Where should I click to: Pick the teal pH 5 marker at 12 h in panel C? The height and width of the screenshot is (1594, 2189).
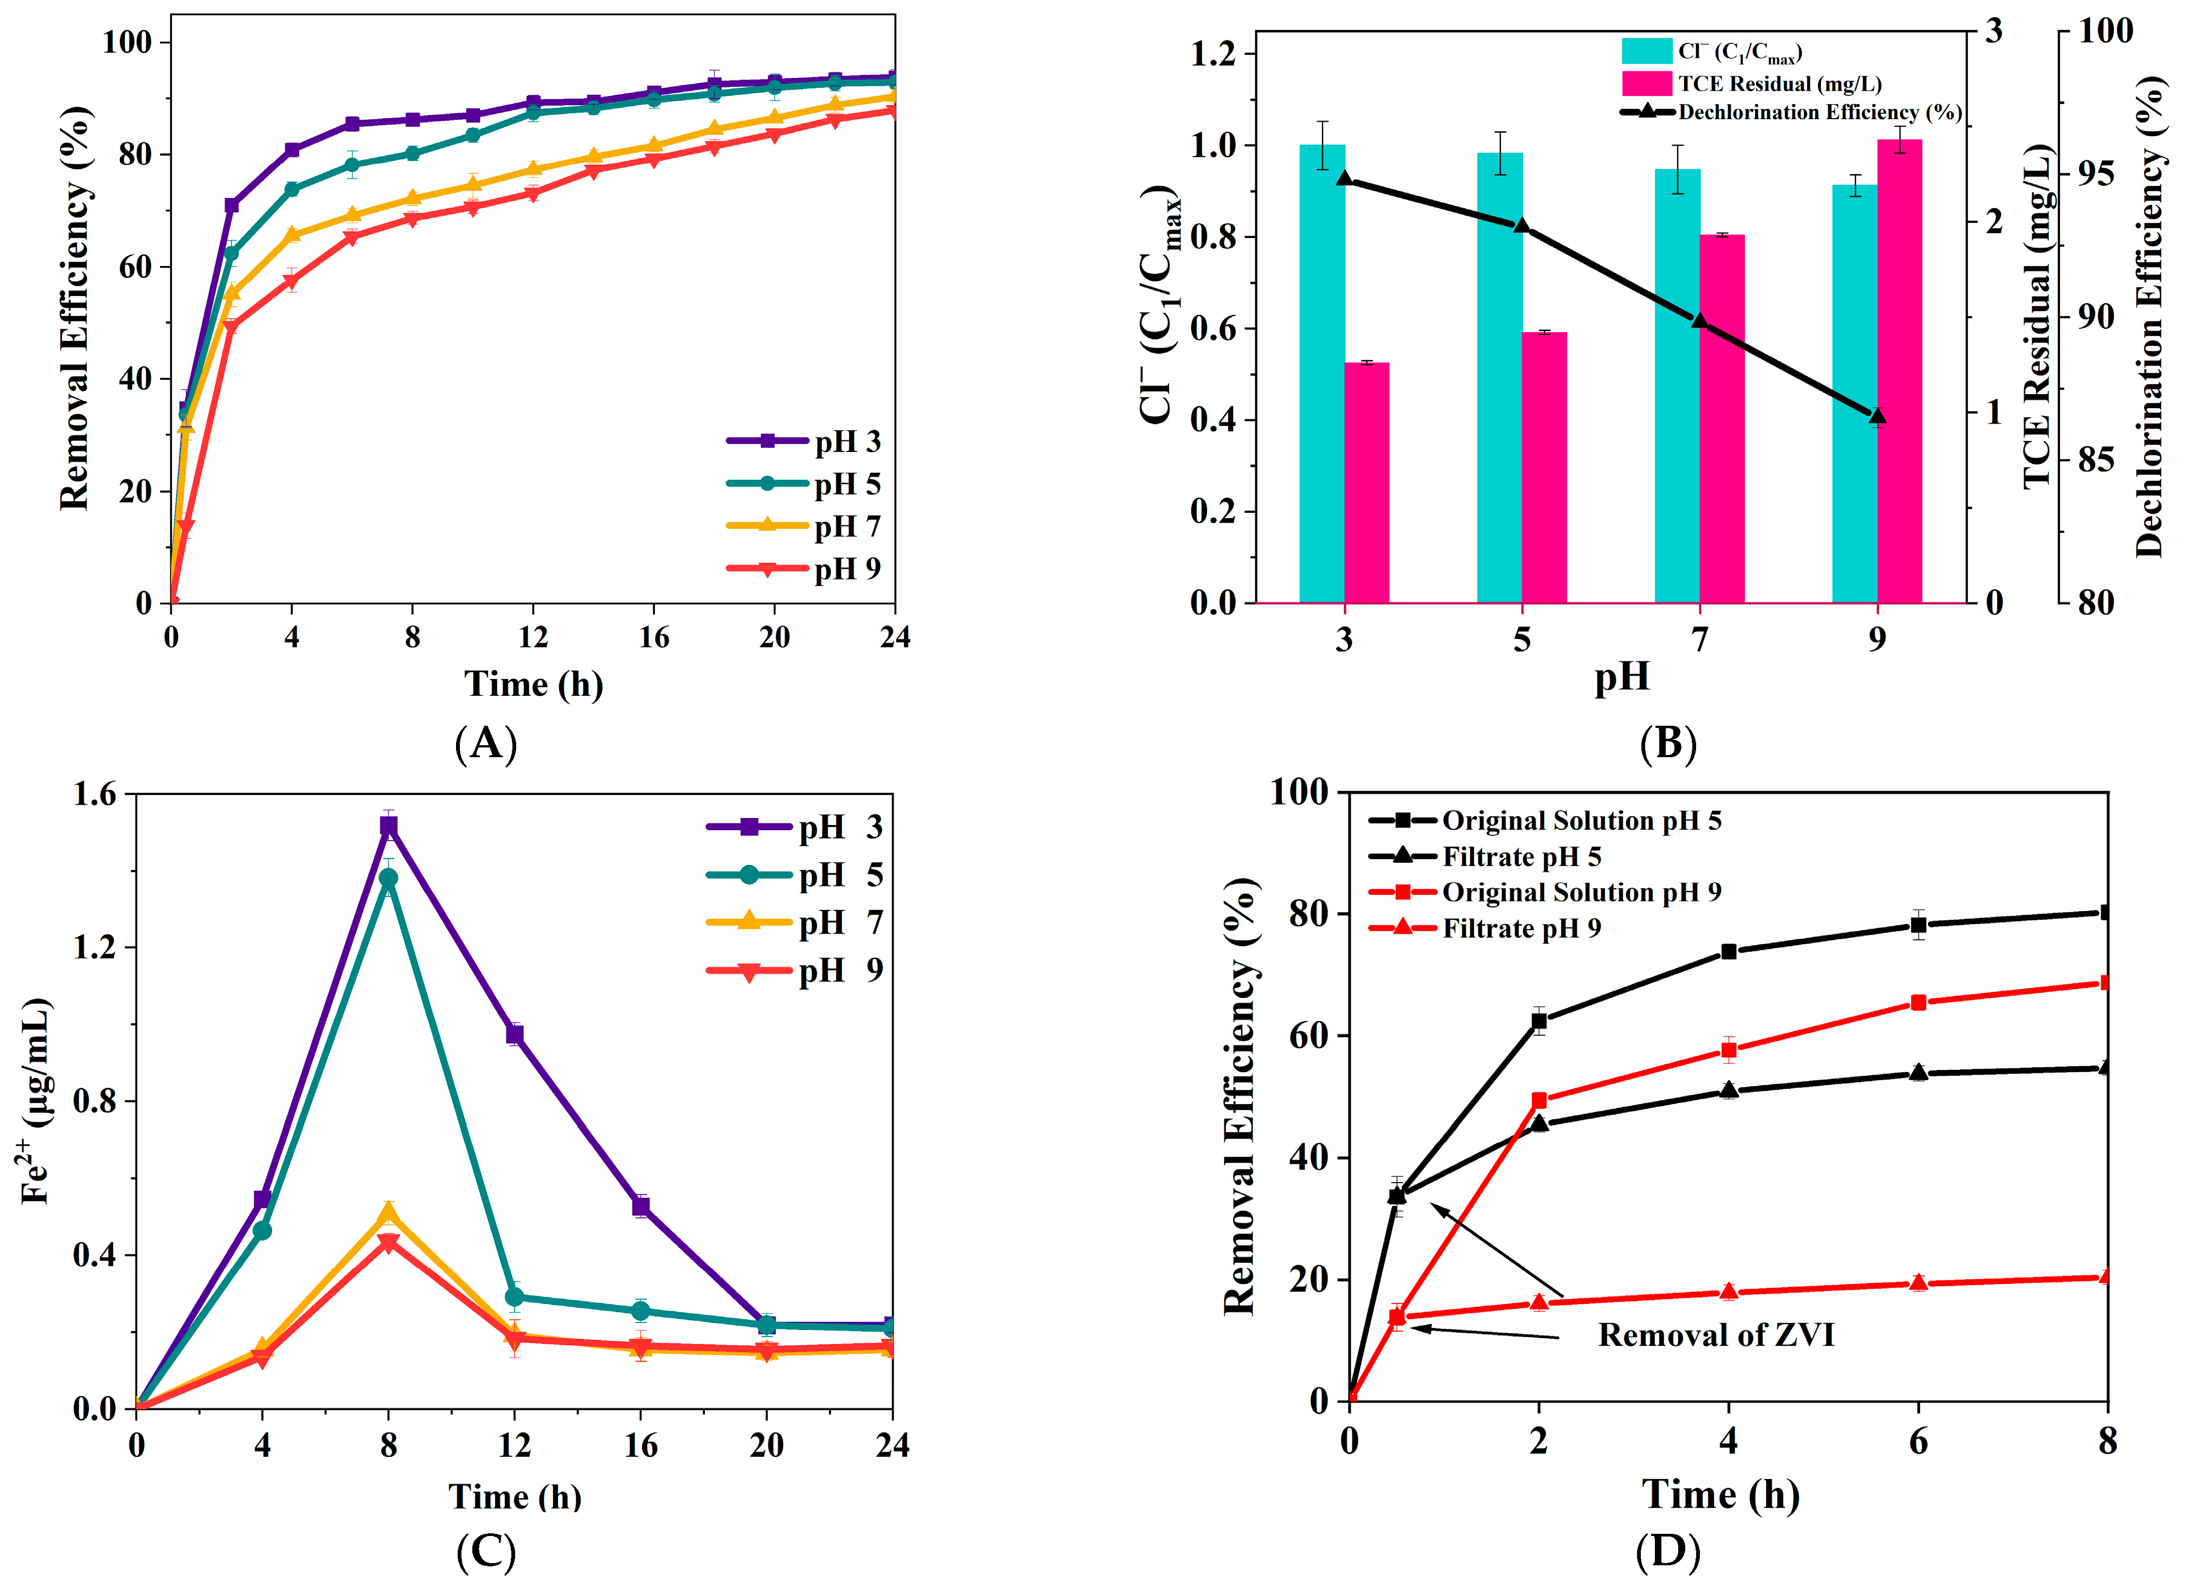point(515,1297)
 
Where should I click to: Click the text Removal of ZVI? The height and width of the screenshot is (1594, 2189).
point(1715,1335)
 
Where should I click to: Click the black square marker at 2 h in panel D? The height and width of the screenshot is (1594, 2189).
point(1539,1021)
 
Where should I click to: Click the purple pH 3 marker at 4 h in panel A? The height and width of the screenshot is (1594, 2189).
point(292,150)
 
